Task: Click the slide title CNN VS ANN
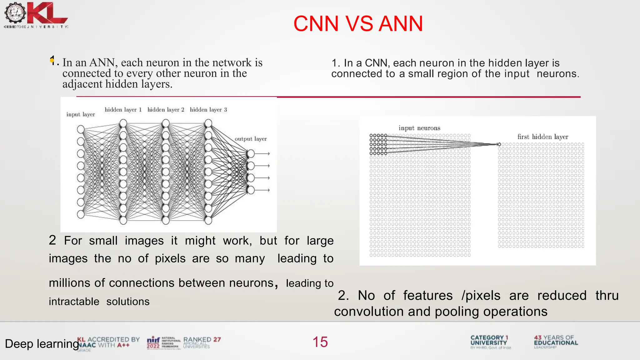tap(358, 24)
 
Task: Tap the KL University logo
tap(36, 15)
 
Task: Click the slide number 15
tap(320, 342)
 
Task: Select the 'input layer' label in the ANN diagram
tap(81, 114)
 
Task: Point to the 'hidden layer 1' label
tap(123, 110)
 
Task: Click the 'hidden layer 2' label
tap(166, 110)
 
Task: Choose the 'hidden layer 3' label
tap(208, 110)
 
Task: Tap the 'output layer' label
tap(251, 139)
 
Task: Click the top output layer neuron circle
tap(251, 153)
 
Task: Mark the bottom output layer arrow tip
tap(268, 190)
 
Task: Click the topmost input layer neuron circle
tap(81, 129)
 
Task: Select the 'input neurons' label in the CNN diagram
tap(419, 128)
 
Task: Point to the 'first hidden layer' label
tap(542, 137)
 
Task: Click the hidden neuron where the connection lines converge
tap(499, 144)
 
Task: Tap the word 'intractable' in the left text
tap(74, 302)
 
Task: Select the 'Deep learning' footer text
tap(42, 344)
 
